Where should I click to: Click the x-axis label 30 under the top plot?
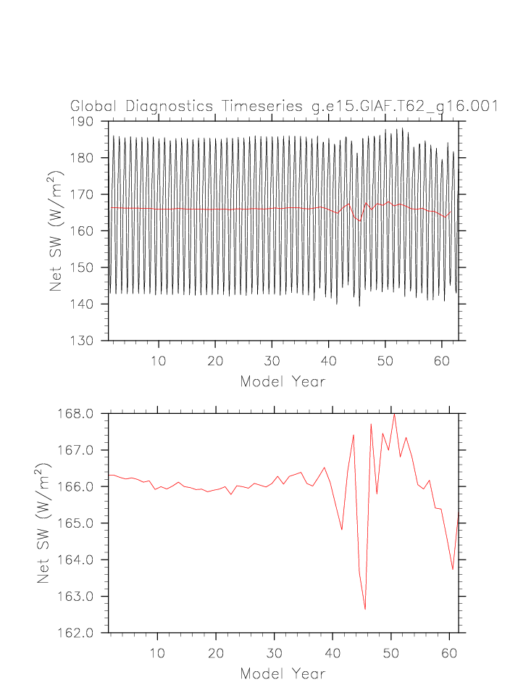tap(272, 361)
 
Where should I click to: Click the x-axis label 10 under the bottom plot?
tap(157, 654)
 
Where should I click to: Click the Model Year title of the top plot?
tap(283, 381)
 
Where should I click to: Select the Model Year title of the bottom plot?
tap(283, 674)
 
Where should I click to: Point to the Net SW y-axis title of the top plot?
tap(57, 231)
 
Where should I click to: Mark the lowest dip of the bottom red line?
tap(365, 609)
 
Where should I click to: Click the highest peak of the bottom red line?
tap(394, 414)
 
